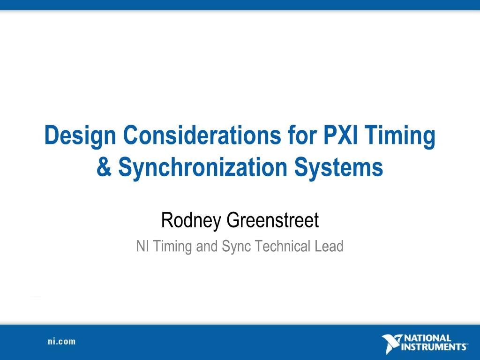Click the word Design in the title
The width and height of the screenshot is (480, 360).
coord(80,135)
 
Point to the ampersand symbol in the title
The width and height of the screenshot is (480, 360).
coord(104,167)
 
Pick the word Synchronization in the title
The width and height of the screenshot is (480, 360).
coord(202,167)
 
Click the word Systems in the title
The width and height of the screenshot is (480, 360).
coord(338,167)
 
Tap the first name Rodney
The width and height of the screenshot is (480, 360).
coord(191,220)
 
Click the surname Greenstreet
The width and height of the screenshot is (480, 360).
coord(273,220)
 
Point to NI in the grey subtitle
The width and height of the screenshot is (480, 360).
coord(142,246)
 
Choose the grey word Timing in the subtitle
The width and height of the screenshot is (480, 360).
coord(172,247)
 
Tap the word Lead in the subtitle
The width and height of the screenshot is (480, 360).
coord(329,246)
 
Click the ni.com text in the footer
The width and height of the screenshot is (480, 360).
coord(61,341)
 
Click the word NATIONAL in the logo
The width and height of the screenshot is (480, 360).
coord(427,338)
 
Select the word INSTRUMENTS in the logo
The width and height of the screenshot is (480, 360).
coord(434,347)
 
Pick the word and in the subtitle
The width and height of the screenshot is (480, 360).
coord(207,246)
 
